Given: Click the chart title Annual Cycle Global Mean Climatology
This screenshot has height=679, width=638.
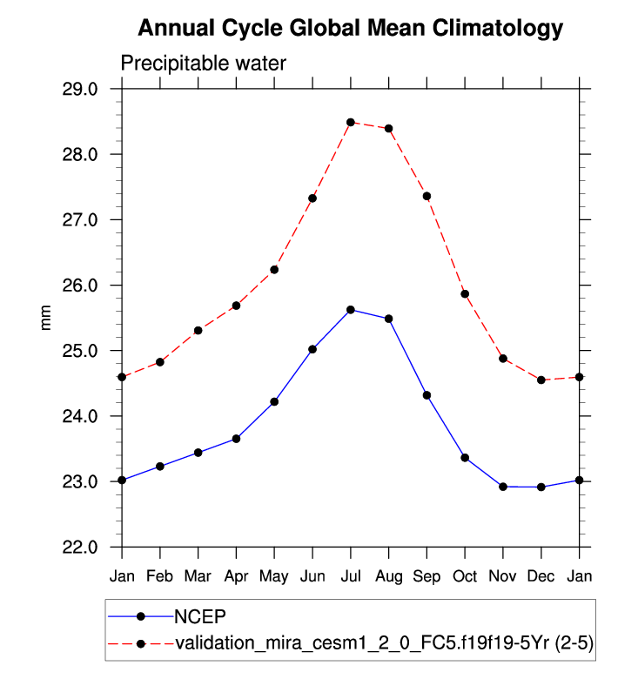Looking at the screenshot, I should tap(351, 29).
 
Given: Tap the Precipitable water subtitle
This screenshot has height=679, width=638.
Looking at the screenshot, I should tap(203, 64).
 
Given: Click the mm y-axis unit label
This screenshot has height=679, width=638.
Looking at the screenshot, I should tap(48, 318).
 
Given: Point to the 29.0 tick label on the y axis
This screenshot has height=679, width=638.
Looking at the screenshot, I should tap(92, 90).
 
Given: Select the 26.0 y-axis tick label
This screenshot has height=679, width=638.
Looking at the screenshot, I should tap(92, 286).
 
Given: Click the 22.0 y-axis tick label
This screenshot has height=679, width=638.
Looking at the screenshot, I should tap(92, 548).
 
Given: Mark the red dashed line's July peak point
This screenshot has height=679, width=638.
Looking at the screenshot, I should tap(351, 122).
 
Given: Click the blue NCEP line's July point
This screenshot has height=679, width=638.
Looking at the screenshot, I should tap(351, 310).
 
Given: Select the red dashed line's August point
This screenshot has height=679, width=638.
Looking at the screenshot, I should tap(388, 129).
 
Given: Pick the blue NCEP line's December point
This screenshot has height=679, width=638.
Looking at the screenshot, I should tap(541, 487).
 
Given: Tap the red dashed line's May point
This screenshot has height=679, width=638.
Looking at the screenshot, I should tap(274, 270).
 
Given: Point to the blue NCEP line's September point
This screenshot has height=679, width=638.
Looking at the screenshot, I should tap(426, 395).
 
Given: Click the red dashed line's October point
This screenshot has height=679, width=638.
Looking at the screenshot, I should tap(465, 294).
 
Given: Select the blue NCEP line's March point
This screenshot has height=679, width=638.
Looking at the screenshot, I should tap(198, 453).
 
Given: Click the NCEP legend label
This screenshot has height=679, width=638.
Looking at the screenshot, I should tap(199, 616).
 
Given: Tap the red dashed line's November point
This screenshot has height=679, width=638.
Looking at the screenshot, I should tap(503, 359).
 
